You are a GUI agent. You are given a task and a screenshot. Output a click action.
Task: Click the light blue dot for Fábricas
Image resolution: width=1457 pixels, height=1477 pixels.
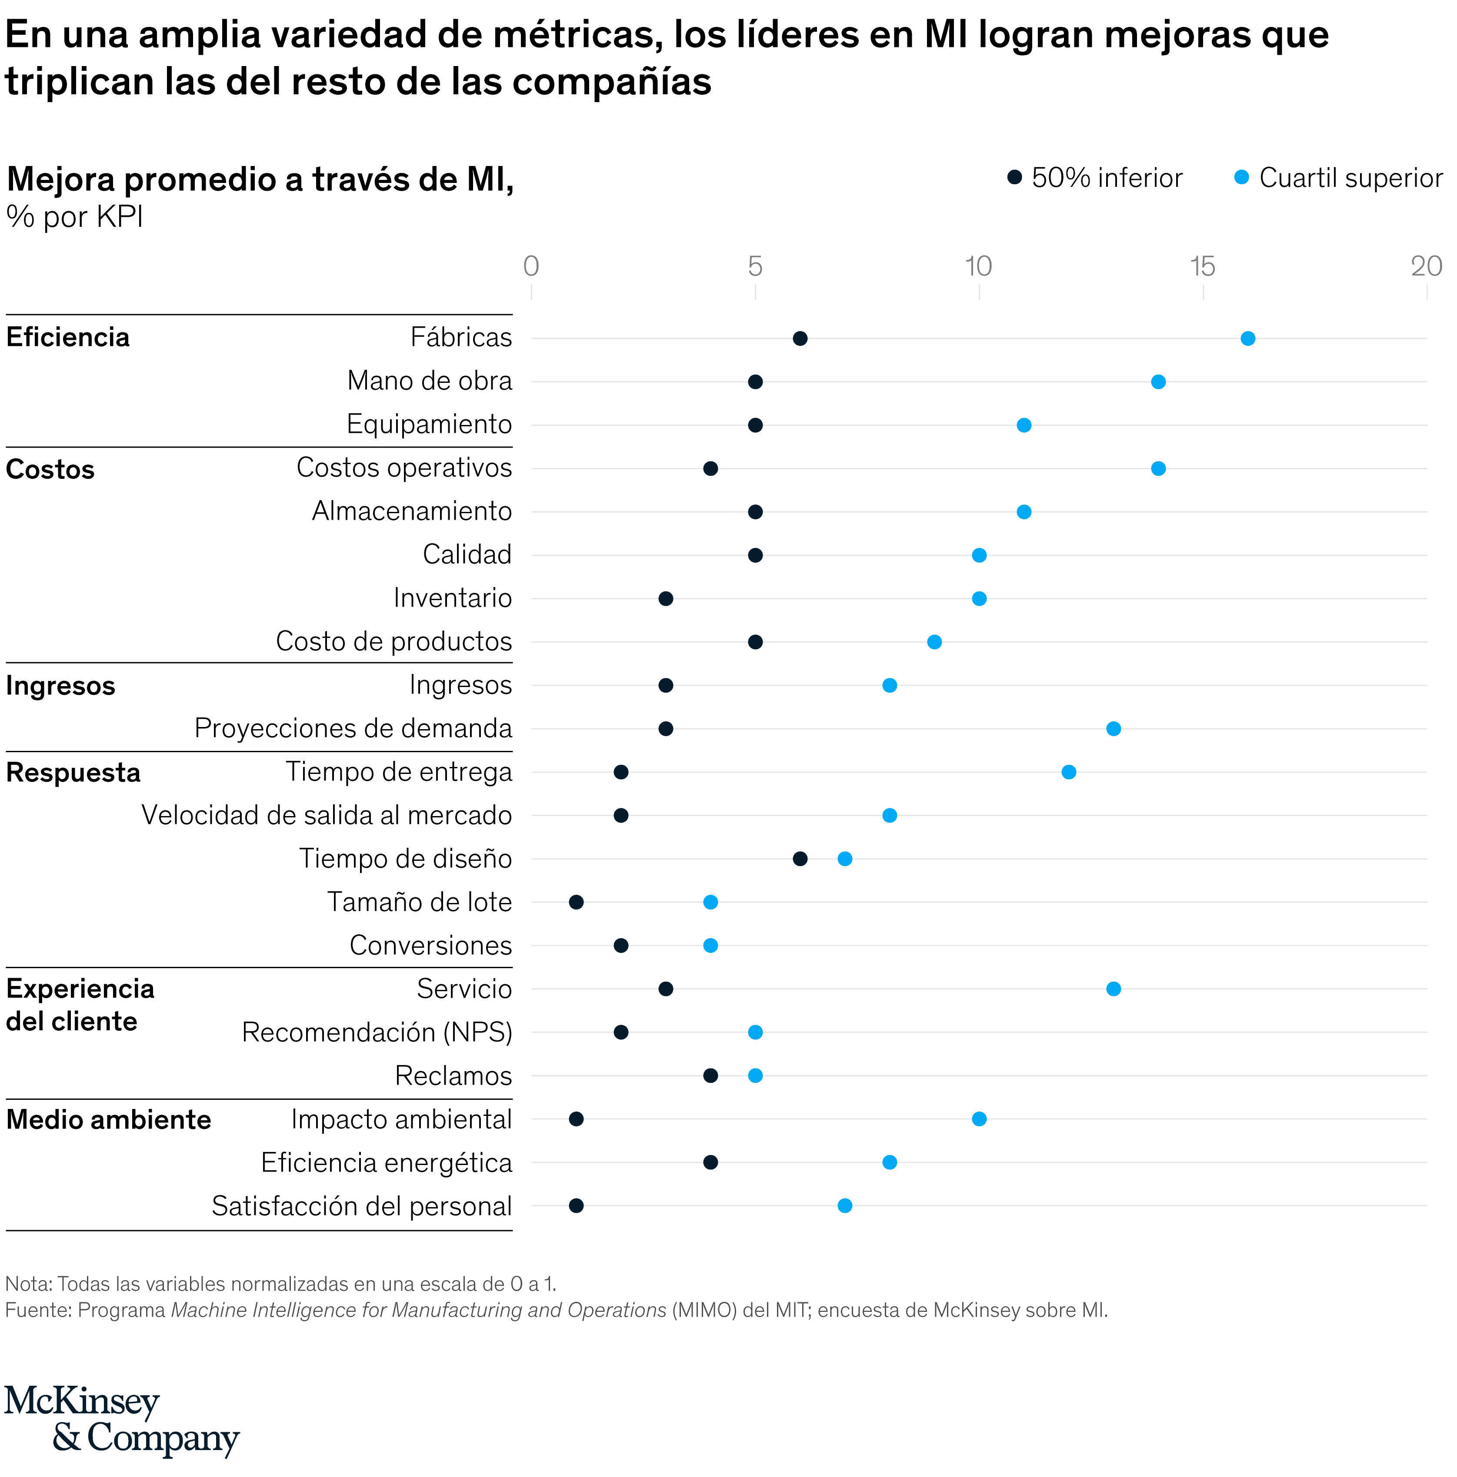[1247, 339]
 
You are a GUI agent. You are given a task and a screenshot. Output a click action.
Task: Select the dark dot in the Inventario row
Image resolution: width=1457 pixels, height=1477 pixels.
[665, 599]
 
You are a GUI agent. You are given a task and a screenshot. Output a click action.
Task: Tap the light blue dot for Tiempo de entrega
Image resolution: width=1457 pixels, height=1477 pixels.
[1068, 772]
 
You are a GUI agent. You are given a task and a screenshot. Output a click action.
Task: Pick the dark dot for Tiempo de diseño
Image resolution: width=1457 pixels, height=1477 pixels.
[800, 859]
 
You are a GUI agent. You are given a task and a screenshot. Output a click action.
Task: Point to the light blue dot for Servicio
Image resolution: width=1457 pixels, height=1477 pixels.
[1114, 989]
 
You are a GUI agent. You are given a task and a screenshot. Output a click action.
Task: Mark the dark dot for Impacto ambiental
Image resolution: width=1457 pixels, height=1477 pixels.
[577, 1119]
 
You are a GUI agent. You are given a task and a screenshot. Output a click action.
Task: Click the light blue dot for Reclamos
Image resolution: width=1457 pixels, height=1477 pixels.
[755, 1075]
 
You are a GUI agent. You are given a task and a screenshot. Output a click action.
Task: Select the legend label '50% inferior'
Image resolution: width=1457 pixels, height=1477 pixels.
[1106, 178]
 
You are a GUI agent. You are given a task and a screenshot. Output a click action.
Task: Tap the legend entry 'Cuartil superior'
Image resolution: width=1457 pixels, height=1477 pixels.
[1350, 178]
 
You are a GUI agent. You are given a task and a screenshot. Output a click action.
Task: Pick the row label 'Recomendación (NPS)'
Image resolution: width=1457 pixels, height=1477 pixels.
[376, 1032]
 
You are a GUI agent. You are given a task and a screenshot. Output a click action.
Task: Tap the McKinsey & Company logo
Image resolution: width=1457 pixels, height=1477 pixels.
[122, 1420]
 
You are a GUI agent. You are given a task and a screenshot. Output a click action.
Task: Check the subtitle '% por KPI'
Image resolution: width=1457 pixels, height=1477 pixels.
[75, 217]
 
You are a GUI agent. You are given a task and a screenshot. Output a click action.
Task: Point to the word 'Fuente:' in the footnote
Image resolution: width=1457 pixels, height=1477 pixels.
[38, 1310]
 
